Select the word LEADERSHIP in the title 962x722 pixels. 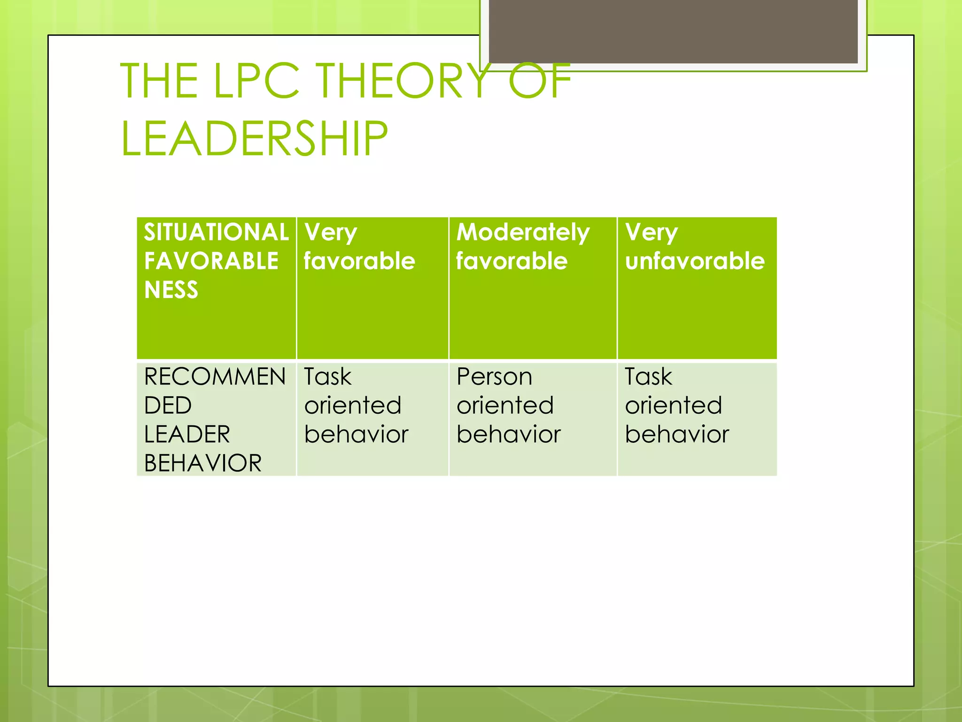tap(254, 139)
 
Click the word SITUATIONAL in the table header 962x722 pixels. tap(216, 232)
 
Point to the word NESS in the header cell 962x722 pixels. tap(171, 290)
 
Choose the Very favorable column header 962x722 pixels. tap(372, 288)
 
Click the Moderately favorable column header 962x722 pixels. tap(532, 288)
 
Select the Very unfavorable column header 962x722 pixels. tap(697, 288)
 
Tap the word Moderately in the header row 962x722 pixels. tap(523, 232)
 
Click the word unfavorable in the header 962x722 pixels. tap(695, 261)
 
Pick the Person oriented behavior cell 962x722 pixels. tap(532, 418)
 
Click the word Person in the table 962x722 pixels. tap(494, 377)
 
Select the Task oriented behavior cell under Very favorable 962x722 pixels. tap(372, 418)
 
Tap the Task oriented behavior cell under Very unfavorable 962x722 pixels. tap(697, 418)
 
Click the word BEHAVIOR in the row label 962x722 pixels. tap(203, 463)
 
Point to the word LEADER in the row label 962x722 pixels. tap(187, 434)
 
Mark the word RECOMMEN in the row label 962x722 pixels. tap(215, 377)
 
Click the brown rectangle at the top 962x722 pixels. tap(673, 31)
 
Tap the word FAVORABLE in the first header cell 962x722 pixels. tap(211, 261)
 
